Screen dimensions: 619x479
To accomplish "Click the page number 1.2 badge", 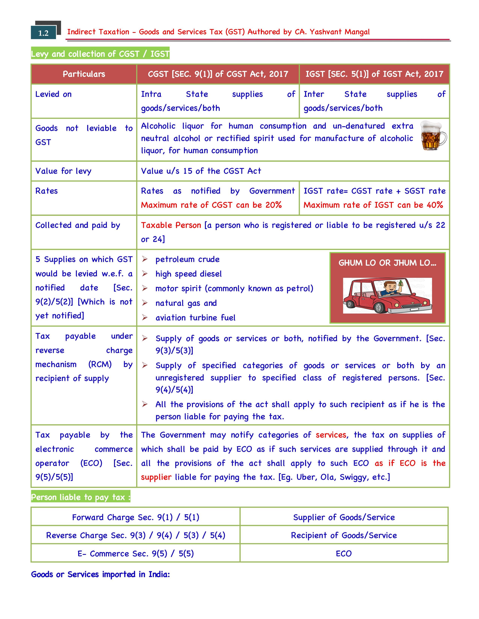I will (43, 33).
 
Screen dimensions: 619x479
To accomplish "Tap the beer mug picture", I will (433, 136).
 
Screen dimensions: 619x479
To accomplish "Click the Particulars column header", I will (84, 74).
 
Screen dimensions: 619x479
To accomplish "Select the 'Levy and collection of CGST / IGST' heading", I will (100, 54).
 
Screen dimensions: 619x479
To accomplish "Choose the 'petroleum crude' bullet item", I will (187, 259).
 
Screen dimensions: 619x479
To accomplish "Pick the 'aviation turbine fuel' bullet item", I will (195, 318).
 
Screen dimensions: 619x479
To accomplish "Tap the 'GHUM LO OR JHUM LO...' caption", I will (387, 263).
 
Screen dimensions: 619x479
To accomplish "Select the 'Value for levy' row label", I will (63, 171).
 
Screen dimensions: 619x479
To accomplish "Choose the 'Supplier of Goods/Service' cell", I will (344, 518).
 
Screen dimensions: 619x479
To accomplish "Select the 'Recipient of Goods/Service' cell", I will (344, 535).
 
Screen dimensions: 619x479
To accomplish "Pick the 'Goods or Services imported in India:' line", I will (100, 575).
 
